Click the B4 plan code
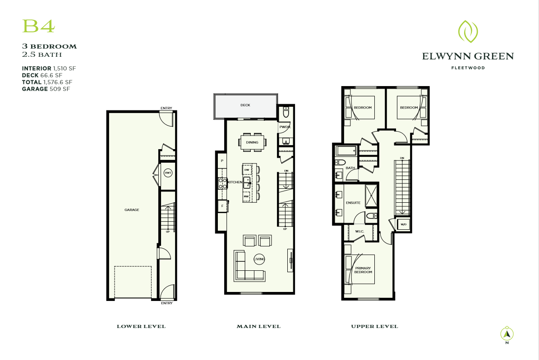(x=38, y=26)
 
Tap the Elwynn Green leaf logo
(x=468, y=31)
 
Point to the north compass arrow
(x=507, y=333)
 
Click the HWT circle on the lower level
(x=168, y=173)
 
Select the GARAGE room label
(x=132, y=210)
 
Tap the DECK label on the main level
(x=245, y=105)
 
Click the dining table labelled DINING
(x=252, y=142)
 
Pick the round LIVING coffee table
(x=259, y=259)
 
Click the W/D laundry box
(x=403, y=225)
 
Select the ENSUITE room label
(x=353, y=203)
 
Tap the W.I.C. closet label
(x=359, y=231)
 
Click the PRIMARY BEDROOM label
(x=363, y=270)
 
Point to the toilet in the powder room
(x=286, y=112)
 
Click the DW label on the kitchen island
(x=246, y=170)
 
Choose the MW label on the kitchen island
(x=246, y=196)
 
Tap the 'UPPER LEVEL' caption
(x=374, y=326)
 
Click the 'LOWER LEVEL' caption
(x=141, y=326)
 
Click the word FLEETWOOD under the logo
(x=468, y=68)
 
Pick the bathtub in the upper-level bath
(x=346, y=151)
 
